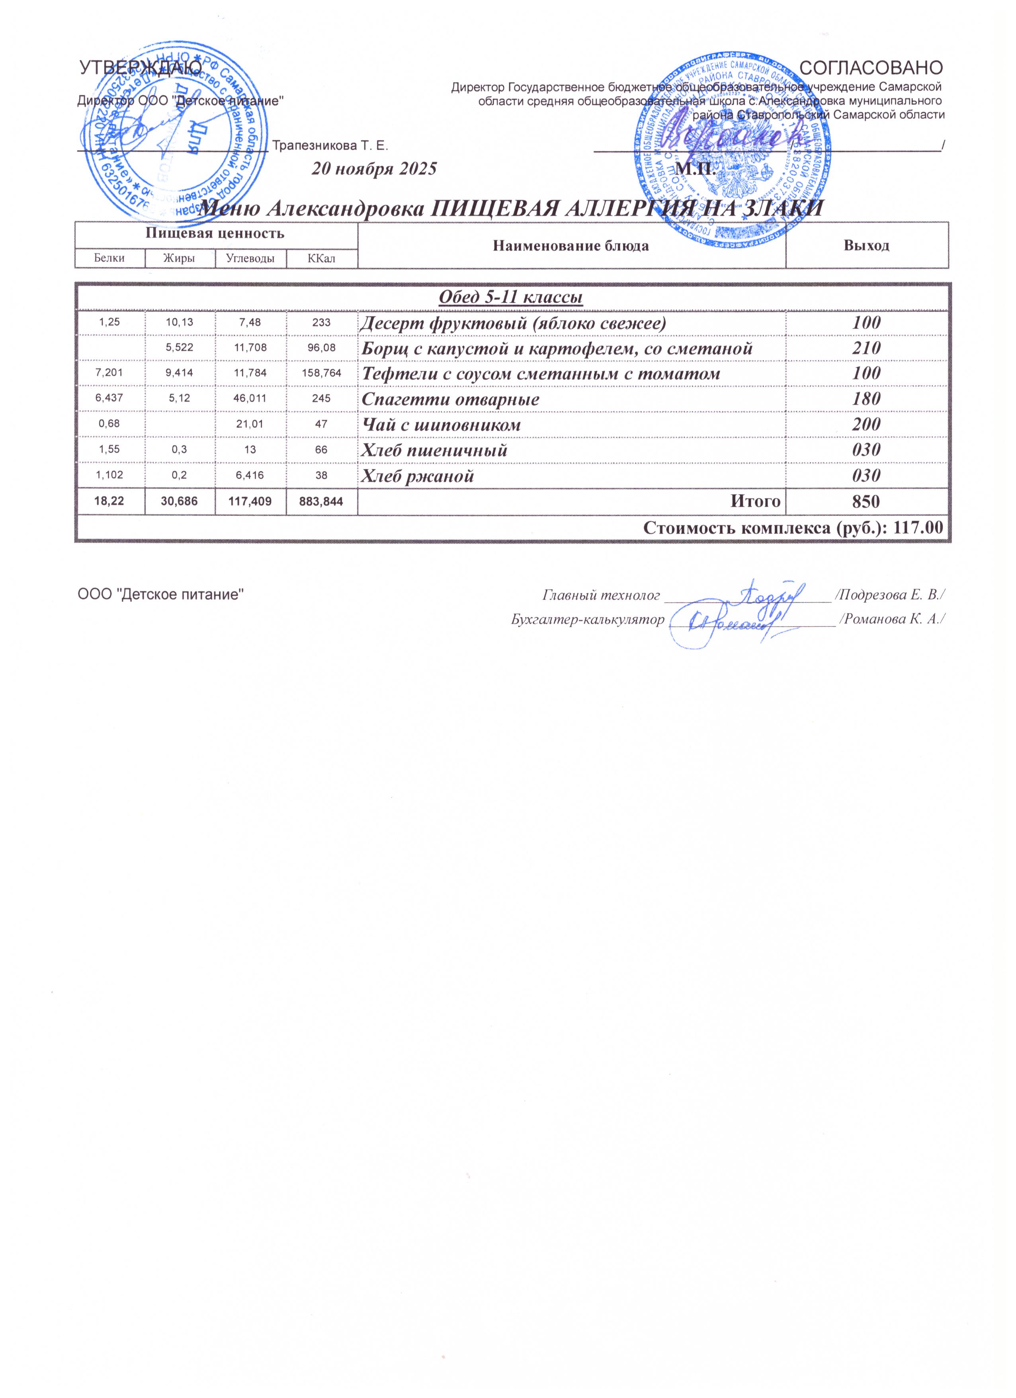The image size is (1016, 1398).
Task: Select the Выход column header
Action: pyautogui.click(x=866, y=245)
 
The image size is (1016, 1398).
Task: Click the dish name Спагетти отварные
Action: pyautogui.click(x=450, y=399)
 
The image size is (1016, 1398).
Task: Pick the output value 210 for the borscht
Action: pyautogui.click(x=866, y=348)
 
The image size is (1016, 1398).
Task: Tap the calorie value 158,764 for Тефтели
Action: pyautogui.click(x=322, y=374)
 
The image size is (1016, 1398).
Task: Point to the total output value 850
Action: pyautogui.click(x=866, y=502)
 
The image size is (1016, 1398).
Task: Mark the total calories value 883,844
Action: pyautogui.click(x=322, y=502)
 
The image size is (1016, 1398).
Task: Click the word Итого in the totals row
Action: pyautogui.click(x=756, y=502)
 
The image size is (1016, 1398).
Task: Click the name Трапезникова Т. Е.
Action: pyautogui.click(x=330, y=146)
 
